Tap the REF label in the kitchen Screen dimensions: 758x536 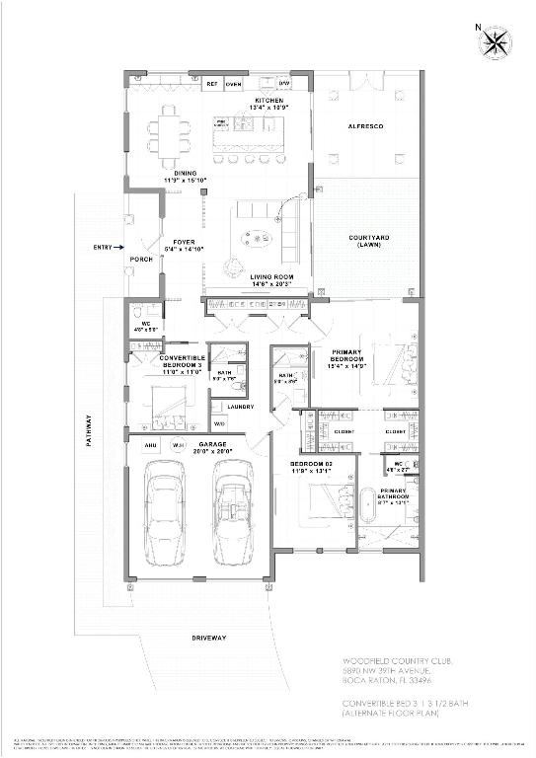[210, 85]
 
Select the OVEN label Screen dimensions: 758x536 [233, 85]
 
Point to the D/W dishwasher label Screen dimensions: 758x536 [284, 85]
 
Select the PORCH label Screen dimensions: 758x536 [140, 260]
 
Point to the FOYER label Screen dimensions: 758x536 [185, 242]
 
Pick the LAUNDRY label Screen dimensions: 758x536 [240, 407]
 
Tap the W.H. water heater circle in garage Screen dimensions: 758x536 [179, 445]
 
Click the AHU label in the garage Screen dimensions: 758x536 [150, 445]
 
